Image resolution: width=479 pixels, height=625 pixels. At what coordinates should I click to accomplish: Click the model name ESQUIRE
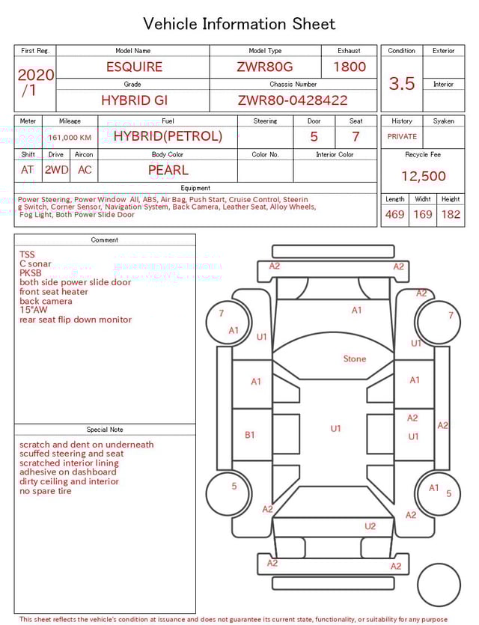pos(134,67)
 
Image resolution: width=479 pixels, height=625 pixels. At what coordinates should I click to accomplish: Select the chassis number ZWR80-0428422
pos(293,100)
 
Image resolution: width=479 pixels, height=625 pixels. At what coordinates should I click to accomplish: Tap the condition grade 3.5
pos(402,83)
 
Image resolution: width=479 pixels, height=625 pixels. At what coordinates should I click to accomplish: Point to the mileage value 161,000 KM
pos(70,138)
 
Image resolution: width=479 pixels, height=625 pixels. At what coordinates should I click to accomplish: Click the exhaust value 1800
pos(350,67)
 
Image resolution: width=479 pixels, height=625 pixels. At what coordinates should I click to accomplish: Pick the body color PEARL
pos(168,170)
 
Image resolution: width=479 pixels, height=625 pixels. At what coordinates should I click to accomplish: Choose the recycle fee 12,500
pos(424,177)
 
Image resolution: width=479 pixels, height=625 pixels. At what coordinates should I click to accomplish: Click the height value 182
pos(451,214)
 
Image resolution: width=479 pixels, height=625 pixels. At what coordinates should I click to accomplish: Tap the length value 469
pos(394,214)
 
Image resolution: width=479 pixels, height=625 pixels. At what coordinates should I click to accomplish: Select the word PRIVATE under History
pos(402,136)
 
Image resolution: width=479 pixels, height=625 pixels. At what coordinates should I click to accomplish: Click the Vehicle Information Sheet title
pos(239,24)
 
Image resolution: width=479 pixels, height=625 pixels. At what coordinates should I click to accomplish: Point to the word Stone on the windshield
pos(355,359)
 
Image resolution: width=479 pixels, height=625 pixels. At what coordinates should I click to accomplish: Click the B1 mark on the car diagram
pos(250,434)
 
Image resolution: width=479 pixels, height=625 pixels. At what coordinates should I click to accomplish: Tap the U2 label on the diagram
pos(370,526)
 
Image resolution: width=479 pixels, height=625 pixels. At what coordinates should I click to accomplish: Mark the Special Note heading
pos(105,430)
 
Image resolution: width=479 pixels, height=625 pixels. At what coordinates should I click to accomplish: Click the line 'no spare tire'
pos(46,491)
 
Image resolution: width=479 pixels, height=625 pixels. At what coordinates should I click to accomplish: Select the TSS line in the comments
pos(27,254)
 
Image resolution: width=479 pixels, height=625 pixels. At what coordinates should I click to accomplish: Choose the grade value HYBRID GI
pos(134,100)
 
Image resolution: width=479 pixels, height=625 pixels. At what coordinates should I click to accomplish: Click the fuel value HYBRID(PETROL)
pos(168,136)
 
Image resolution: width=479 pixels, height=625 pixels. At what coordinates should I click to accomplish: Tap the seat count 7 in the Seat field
pos(356,137)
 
